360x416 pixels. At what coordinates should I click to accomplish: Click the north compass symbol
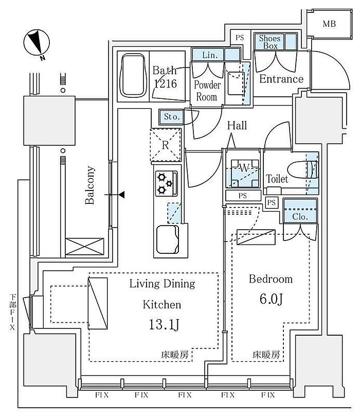36,42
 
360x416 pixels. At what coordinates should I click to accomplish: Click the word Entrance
281,79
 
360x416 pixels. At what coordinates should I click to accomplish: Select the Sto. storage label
171,117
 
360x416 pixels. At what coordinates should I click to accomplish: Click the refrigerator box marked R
165,145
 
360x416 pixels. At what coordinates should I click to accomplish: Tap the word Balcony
91,185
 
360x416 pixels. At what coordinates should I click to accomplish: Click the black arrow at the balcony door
121,195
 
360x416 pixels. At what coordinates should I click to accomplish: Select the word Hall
237,125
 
